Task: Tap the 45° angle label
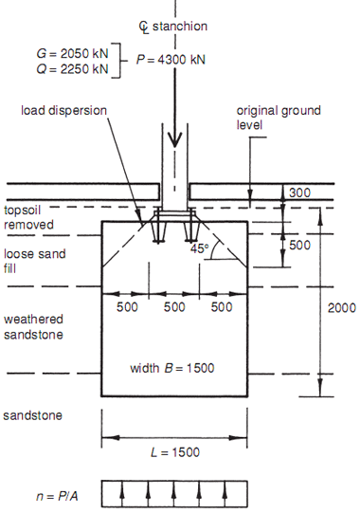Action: (x=199, y=248)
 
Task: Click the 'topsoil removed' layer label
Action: (x=28, y=219)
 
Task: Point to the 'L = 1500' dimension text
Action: (x=173, y=452)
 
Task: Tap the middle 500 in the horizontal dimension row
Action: (x=173, y=307)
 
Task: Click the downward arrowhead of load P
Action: (x=173, y=139)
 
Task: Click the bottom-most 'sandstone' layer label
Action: (x=30, y=416)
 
